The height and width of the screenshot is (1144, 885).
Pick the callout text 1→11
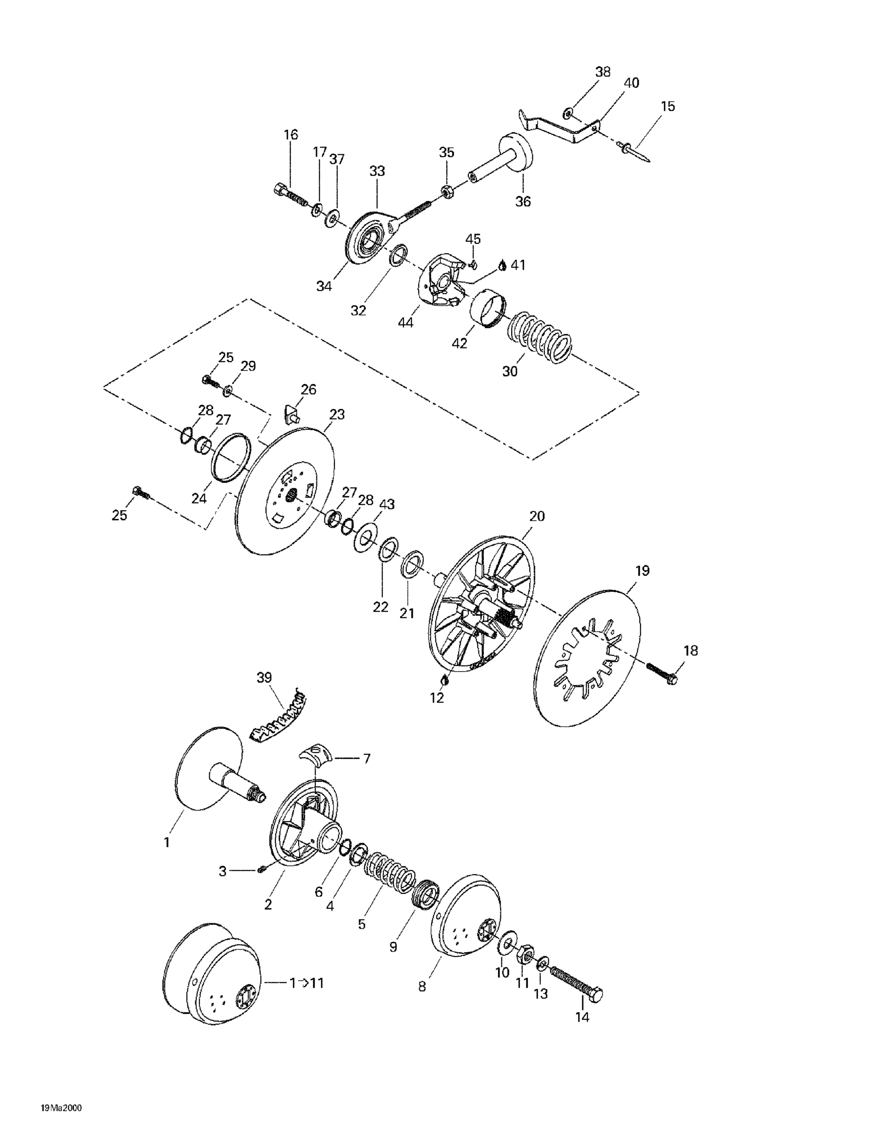306,983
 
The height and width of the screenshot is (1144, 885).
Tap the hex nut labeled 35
447,192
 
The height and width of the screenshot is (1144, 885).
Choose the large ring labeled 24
231,456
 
